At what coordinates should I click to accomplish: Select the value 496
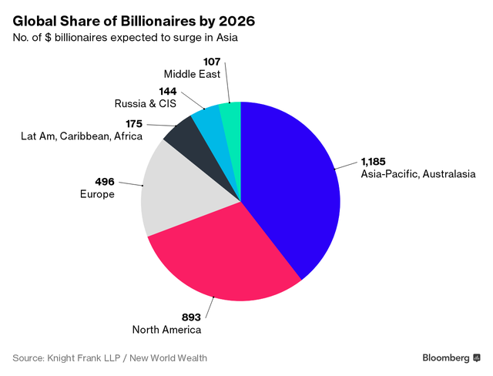click(104, 182)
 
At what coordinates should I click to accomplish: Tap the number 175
click(136, 123)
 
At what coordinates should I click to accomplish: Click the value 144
click(167, 90)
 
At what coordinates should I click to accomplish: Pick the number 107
click(210, 61)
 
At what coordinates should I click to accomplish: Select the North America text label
click(166, 330)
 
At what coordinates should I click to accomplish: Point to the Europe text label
click(98, 194)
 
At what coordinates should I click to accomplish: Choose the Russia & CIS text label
click(146, 102)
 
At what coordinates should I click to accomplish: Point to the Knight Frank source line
click(109, 358)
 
